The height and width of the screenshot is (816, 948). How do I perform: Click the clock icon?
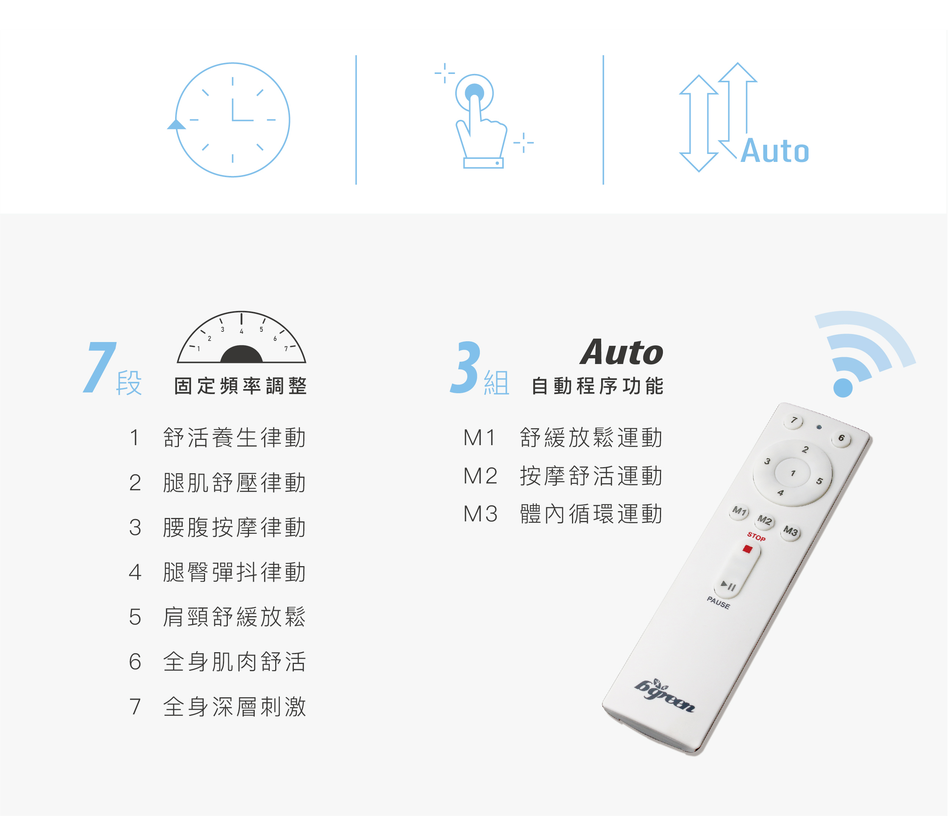tap(232, 120)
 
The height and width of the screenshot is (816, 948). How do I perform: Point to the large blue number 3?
tap(466, 367)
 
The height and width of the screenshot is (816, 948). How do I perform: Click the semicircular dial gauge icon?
tap(241, 337)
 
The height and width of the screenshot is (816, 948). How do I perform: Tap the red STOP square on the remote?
tap(747, 549)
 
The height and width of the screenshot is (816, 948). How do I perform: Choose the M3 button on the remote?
tap(791, 531)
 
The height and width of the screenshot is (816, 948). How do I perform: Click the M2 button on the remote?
tap(765, 520)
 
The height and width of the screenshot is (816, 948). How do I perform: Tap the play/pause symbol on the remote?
tap(729, 585)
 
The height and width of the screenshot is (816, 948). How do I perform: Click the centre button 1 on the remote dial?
tap(793, 473)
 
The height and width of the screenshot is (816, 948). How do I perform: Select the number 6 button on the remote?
tap(841, 438)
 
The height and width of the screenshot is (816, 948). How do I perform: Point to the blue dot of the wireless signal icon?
tap(843, 388)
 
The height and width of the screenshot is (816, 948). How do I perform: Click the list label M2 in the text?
tap(480, 476)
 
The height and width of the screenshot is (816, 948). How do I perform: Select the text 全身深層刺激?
tap(235, 706)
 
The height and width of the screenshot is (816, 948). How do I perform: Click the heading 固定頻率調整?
tap(241, 386)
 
